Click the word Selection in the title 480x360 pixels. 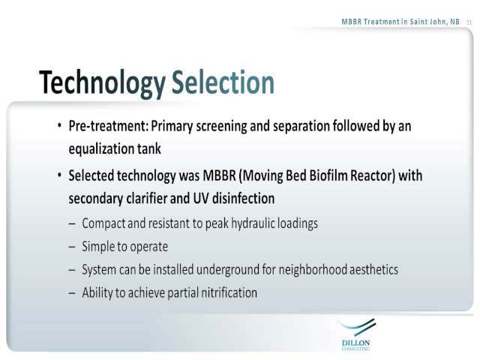(223, 82)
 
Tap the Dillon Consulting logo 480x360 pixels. (356, 334)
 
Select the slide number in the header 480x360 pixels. (469, 22)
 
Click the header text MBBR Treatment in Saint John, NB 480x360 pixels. (400, 22)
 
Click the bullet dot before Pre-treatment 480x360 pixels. (59, 125)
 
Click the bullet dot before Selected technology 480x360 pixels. (59, 175)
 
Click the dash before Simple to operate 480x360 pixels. (72, 247)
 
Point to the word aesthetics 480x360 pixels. (373, 270)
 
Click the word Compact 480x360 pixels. (103, 223)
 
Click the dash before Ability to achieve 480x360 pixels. (72, 293)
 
